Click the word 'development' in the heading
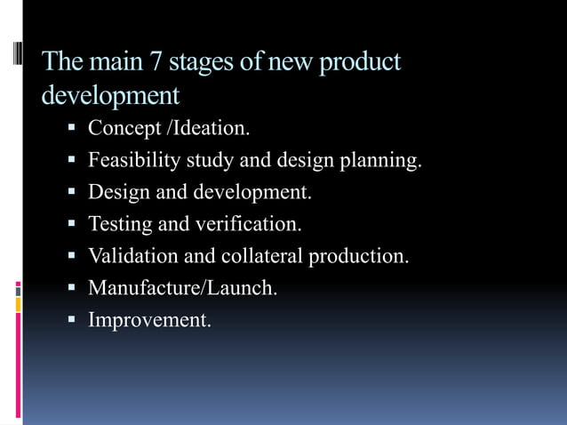coord(111,94)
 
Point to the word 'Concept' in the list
coord(124,129)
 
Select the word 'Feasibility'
coord(133,161)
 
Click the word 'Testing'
coord(120,224)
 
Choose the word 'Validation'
coord(133,256)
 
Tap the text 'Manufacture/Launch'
coord(182,288)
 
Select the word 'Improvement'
coord(149,320)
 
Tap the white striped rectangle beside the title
coord(19,65)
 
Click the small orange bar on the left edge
coord(18,304)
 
